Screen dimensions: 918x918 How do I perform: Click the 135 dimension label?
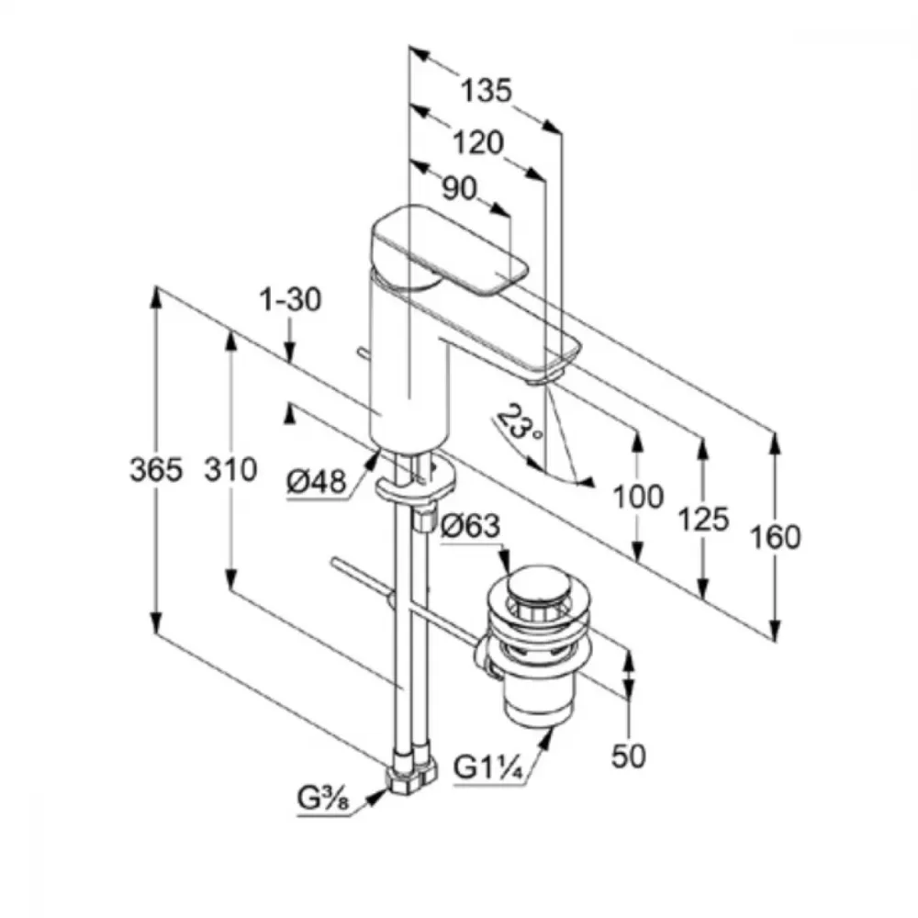485,91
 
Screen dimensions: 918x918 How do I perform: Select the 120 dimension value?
478,142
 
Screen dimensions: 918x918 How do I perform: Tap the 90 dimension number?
460,189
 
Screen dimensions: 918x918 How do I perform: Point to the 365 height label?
155,470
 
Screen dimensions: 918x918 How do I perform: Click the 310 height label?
229,470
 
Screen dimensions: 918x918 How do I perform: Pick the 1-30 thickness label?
290,300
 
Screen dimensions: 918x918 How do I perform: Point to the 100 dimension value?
637,497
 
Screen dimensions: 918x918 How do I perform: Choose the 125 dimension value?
703,519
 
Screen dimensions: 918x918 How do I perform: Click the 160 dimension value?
776,537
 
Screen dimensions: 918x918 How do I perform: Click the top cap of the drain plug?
536,587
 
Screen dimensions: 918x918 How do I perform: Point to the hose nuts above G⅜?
409,768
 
